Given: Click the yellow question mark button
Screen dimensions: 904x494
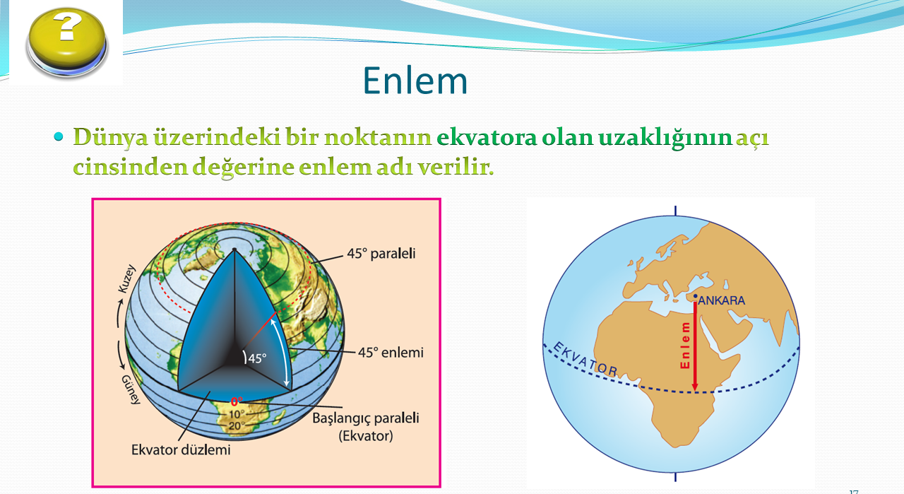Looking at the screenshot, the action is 67,42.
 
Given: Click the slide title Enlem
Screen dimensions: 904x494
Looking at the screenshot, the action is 415,81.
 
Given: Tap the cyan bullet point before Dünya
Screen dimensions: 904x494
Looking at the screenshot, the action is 59,136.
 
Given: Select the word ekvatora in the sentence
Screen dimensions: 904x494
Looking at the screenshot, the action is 487,137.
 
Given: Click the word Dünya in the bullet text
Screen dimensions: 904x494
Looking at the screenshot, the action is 110,138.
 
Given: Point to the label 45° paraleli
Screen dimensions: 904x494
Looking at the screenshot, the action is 381,253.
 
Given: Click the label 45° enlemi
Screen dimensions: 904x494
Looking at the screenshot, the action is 391,352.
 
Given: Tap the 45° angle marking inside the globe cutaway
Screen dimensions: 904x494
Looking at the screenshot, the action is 256,358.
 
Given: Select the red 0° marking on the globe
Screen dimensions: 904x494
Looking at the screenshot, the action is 237,401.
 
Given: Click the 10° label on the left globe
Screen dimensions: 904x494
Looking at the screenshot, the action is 237,414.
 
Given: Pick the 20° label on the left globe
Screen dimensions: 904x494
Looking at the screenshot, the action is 237,425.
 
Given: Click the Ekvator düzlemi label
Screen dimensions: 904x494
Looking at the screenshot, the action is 181,449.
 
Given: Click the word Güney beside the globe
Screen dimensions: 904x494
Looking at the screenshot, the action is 131,389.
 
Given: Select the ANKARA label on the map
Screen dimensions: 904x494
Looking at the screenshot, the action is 722,300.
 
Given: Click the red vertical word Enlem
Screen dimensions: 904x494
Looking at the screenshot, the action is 685,346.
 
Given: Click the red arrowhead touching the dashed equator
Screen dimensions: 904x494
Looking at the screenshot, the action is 694,387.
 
